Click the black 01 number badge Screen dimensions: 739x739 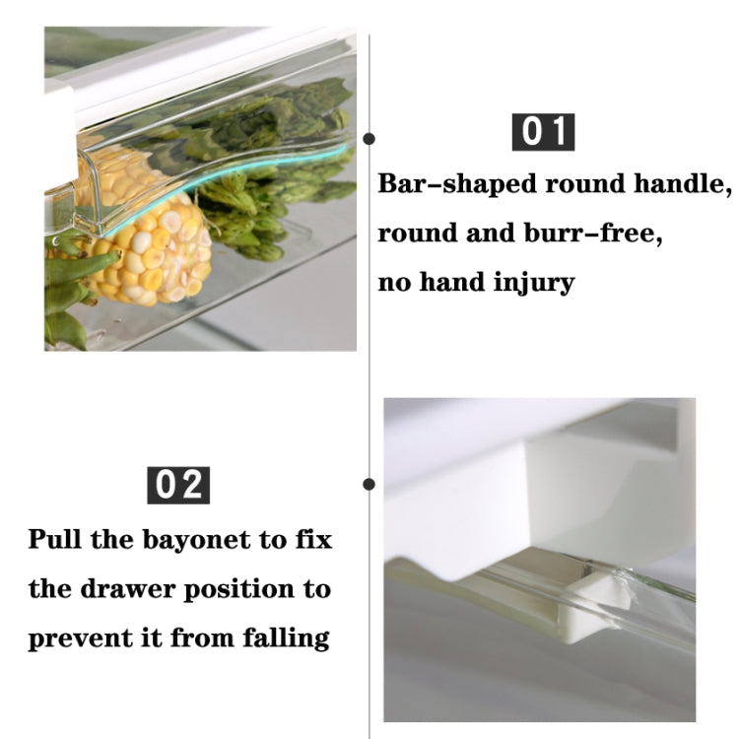click(x=544, y=132)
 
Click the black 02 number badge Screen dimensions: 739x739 click(x=178, y=486)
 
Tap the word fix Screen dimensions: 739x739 click(x=310, y=540)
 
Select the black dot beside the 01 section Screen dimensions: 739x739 click(x=369, y=139)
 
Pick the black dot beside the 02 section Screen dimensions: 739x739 click(x=369, y=484)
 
